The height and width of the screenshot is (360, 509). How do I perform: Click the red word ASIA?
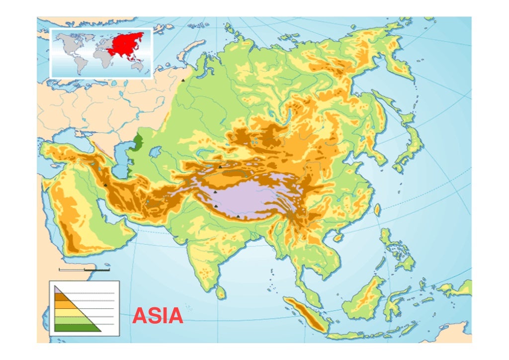click(158, 316)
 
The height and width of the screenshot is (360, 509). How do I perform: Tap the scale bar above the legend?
click(84, 270)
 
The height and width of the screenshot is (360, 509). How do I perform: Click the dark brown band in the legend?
click(62, 297)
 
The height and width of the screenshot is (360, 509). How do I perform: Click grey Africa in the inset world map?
click(102, 57)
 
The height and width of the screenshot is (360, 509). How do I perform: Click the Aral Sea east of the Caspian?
click(155, 150)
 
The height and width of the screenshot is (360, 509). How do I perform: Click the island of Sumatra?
click(305, 313)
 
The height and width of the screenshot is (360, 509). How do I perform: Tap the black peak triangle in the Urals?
click(183, 80)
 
